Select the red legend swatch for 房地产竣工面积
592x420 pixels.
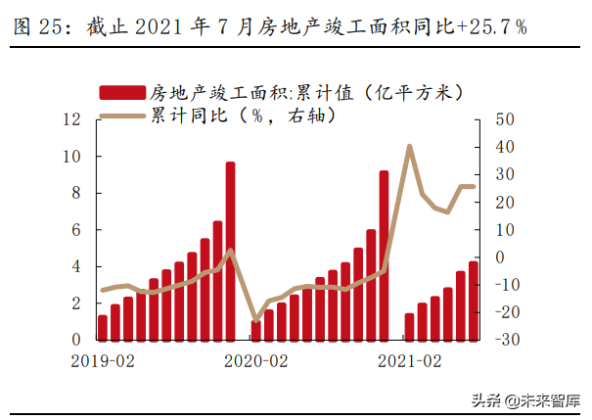tap(121, 93)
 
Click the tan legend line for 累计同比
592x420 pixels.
tap(121, 116)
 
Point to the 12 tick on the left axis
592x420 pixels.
tap(69, 119)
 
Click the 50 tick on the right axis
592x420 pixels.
tap(505, 119)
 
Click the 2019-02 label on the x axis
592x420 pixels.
tap(104, 360)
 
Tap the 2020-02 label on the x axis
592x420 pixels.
tap(256, 360)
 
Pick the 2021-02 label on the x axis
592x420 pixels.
tap(410, 360)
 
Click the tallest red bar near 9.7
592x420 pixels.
tap(230, 251)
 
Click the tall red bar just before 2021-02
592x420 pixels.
tap(384, 256)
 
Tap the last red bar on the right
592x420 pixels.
tap(474, 301)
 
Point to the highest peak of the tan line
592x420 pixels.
tap(409, 146)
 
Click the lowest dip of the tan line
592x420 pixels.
tap(256, 320)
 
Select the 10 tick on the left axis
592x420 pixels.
tap(69, 157)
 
